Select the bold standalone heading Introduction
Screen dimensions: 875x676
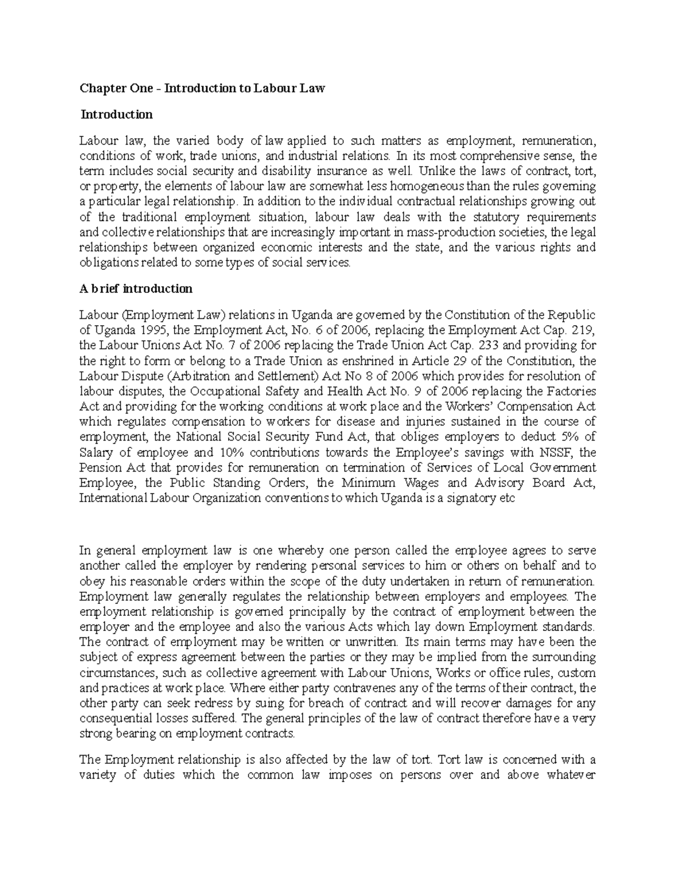[x=116, y=115]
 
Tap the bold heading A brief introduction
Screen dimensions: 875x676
[x=136, y=289]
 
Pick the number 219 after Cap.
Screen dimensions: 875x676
[x=583, y=330]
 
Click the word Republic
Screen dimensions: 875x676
[x=572, y=315]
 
